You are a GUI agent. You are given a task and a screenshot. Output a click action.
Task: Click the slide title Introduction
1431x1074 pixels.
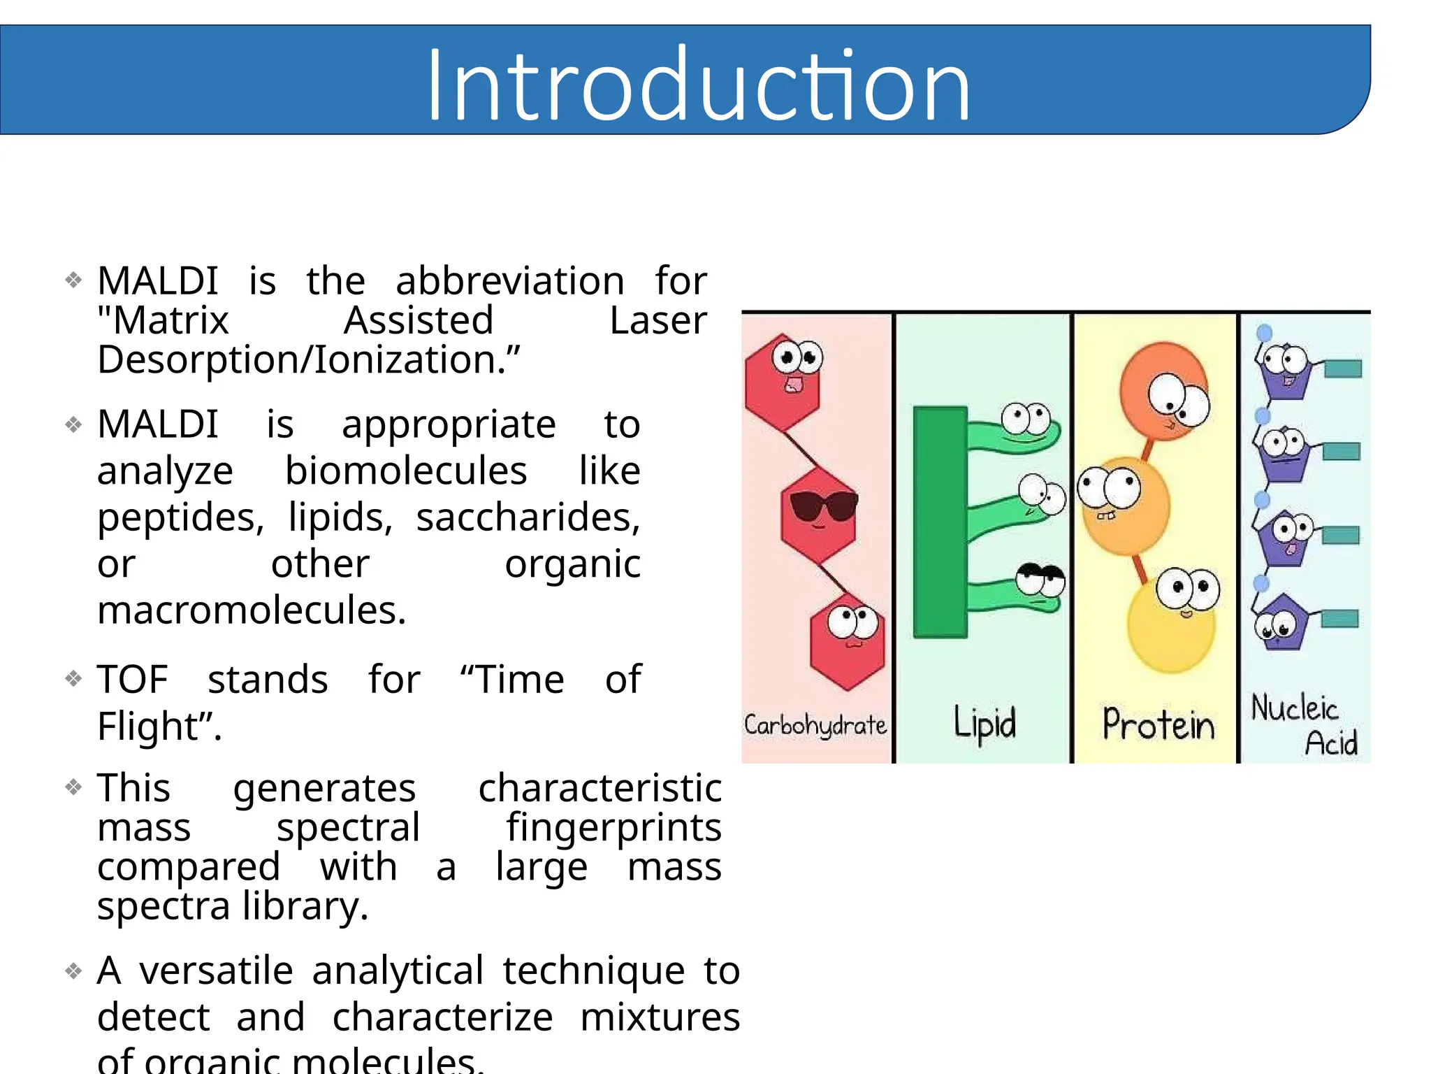coord(698,85)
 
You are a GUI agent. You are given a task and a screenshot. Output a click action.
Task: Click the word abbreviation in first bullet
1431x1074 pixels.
coord(509,281)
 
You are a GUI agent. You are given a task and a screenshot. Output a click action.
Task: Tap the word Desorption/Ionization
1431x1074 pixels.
coord(308,360)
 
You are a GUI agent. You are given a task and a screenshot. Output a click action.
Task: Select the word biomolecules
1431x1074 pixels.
coord(405,471)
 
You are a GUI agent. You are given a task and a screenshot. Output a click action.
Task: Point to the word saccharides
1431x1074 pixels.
coord(528,517)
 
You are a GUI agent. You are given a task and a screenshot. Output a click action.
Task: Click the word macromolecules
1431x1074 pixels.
coord(251,610)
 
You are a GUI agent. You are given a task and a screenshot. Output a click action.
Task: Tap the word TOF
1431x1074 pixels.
coord(132,680)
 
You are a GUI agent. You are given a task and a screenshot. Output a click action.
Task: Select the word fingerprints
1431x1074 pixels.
coord(613,828)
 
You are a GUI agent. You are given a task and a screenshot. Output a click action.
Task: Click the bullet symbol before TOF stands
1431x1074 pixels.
coord(73,678)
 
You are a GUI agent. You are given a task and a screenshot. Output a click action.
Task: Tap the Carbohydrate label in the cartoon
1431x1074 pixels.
coord(815,725)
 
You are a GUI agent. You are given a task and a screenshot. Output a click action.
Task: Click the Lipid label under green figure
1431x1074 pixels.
coord(985,724)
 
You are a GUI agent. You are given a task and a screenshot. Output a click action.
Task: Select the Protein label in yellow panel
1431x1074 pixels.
coord(1158,724)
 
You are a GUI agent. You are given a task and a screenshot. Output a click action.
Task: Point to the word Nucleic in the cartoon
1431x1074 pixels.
coord(1293,708)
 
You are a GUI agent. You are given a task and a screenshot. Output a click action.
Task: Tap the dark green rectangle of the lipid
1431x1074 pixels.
coord(940,522)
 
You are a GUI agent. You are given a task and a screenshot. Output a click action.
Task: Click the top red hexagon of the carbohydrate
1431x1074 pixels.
coord(782,385)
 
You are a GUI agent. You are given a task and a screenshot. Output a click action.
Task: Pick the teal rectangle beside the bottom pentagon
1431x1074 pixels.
coord(1339,619)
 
